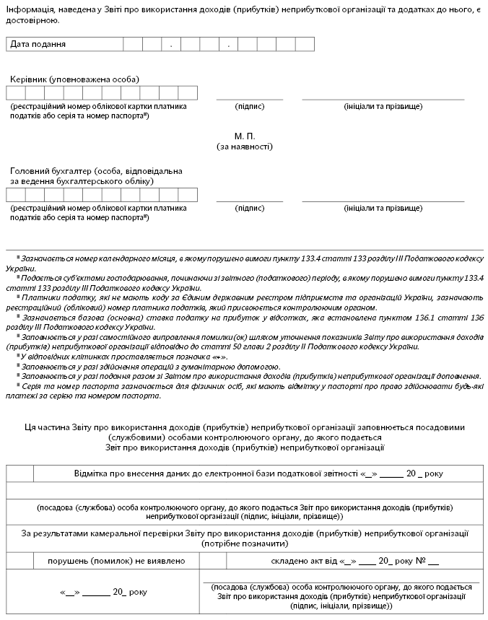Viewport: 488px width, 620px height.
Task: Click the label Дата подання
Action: click(38, 44)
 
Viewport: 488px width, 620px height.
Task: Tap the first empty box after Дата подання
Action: click(133, 44)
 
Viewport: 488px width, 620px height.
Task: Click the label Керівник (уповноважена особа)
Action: click(75, 79)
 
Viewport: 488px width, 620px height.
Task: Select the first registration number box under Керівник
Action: click(16, 92)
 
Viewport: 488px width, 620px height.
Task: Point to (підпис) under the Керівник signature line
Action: click(250, 106)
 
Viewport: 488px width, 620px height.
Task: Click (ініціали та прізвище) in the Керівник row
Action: click(383, 106)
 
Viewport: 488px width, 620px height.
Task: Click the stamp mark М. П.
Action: click(245, 136)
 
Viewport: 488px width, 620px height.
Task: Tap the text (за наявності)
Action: click(245, 146)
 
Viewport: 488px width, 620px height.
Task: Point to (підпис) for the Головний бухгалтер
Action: click(250, 208)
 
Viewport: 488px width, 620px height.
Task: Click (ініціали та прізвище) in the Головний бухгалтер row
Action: click(383, 208)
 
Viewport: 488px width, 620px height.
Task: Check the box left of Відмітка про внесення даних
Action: click(20, 474)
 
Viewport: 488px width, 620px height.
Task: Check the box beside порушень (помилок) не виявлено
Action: click(20, 561)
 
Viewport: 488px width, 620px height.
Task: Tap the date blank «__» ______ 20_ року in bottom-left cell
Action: click(103, 592)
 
